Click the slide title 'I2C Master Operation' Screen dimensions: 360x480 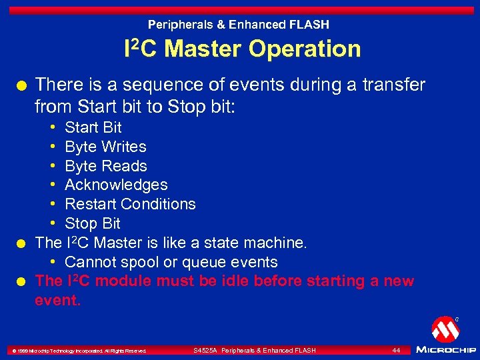243,49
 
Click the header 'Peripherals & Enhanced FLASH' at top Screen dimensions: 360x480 239,25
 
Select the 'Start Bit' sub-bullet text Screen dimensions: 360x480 93,127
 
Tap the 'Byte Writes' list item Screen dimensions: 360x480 105,147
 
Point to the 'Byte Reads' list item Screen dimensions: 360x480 105,166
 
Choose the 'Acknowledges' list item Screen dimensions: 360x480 116,185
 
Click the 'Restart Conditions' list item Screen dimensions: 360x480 130,204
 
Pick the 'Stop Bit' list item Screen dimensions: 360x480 92,223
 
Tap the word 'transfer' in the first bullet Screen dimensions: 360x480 393,85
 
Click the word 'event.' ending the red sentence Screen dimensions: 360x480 57,301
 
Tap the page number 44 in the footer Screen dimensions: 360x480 396,350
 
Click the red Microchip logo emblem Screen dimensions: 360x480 445,329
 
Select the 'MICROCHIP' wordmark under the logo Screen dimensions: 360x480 445,349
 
